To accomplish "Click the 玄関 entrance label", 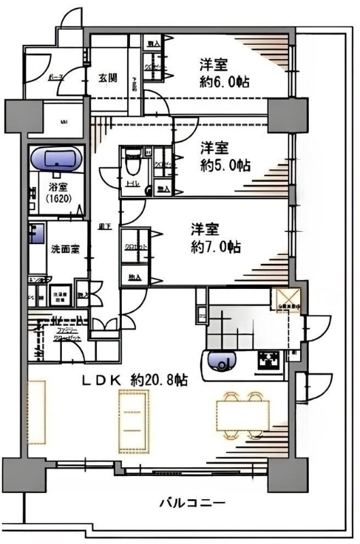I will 108,77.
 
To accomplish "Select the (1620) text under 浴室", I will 56,201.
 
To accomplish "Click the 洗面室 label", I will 65,249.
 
